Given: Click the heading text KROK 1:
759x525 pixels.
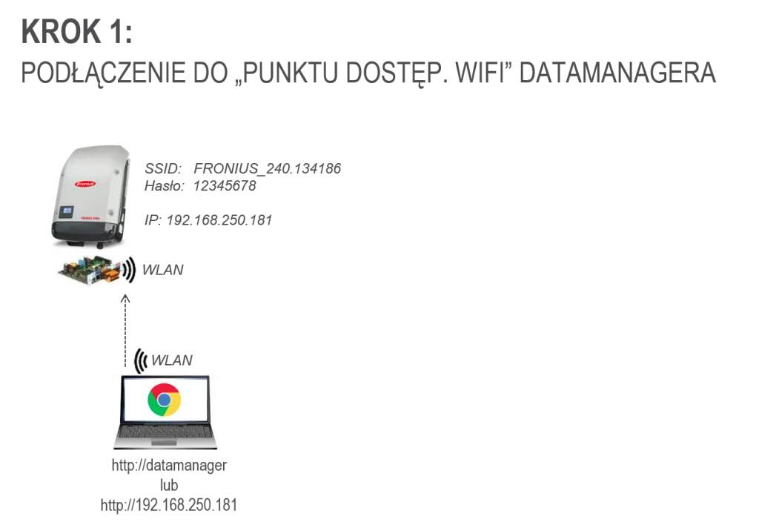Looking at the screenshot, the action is (76, 31).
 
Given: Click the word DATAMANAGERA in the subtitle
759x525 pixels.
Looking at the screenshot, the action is (617, 73).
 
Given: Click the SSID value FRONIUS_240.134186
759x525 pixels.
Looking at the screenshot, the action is (267, 168).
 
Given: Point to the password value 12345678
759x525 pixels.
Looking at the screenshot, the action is (225, 185).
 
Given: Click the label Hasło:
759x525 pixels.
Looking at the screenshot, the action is (165, 185).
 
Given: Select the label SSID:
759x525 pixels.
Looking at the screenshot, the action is (163, 168).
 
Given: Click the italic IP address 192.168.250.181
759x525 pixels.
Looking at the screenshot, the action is (219, 220).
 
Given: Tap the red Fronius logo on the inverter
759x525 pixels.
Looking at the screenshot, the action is (85, 184).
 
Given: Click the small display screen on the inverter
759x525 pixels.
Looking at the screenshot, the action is (66, 211).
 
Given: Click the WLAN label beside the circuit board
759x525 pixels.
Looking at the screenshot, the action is (162, 270).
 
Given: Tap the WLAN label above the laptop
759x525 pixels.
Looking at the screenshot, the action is (172, 360).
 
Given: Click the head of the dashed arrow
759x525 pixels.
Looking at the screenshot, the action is (125, 298).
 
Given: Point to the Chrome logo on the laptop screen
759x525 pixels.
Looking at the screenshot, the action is (164, 400).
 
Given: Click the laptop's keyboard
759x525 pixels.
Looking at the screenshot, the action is (165, 431).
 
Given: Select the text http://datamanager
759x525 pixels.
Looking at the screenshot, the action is (169, 466).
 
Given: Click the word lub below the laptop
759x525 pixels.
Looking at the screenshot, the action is (169, 485).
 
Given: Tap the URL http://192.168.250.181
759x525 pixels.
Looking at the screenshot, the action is (169, 505).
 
